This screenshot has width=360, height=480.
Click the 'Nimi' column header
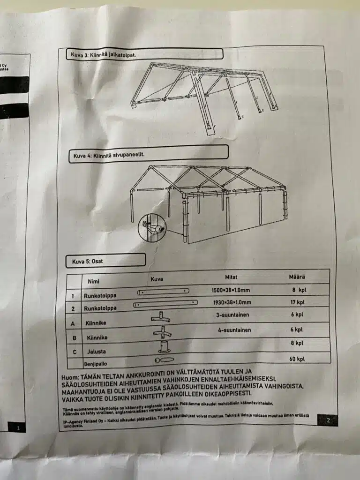[94, 281]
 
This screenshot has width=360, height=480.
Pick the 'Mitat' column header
[231, 277]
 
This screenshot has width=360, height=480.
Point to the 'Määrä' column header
[297, 277]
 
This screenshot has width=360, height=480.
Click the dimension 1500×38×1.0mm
[232, 290]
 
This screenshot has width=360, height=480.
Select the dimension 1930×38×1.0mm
[232, 302]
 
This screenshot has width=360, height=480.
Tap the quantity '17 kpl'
[297, 302]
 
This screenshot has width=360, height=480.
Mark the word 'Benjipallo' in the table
[97, 363]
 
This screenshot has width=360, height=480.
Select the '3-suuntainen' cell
[232, 315]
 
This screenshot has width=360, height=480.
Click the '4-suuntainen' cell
[234, 330]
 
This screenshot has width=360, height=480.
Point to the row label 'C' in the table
[73, 351]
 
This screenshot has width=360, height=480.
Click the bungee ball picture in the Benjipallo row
[164, 360]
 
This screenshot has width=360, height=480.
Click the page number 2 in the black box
[328, 420]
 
